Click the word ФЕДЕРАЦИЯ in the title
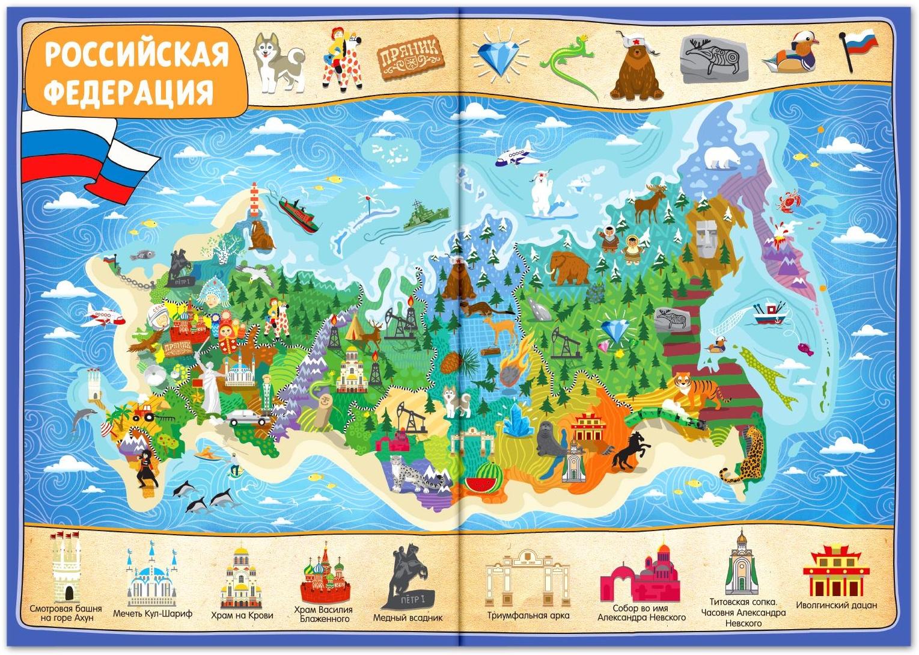[130, 92]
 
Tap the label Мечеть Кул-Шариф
[153, 614]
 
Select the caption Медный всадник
[408, 618]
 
